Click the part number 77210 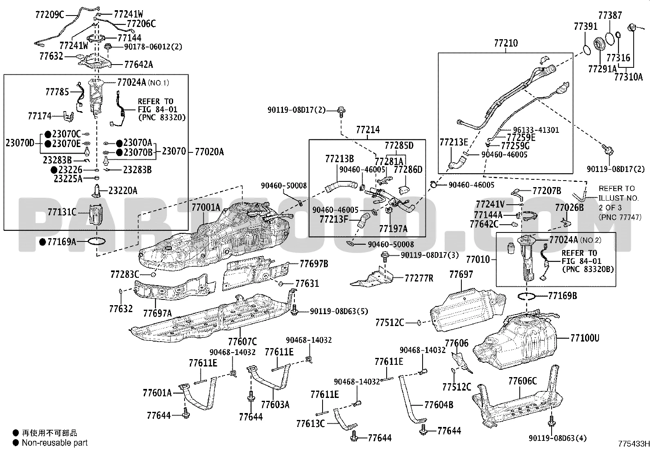[x=506, y=43]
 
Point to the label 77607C [x=243, y=342]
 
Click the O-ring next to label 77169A [x=97, y=242]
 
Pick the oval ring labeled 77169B [x=527, y=295]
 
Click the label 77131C [x=62, y=212]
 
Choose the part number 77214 [x=368, y=130]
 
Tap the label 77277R [x=419, y=278]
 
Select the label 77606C [x=523, y=381]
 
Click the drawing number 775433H [x=634, y=444]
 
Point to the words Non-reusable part [x=55, y=442]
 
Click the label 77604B [x=439, y=405]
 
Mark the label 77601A [x=157, y=393]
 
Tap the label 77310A [x=629, y=76]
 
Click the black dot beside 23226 [x=54, y=170]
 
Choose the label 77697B [x=314, y=264]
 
